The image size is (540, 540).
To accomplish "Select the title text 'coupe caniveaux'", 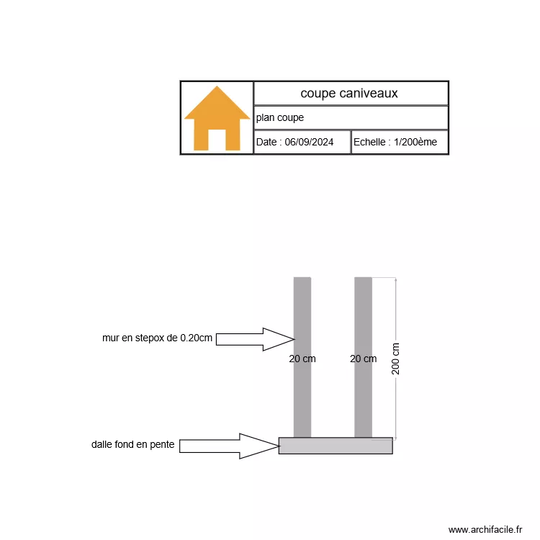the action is point(349,94).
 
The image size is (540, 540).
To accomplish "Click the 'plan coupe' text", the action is point(280,117).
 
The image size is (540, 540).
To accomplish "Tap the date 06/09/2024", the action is point(309,143).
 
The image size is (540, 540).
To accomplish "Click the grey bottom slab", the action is point(336,446).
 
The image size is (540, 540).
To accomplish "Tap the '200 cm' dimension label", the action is point(396,358).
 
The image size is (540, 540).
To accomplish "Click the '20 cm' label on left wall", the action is point(302,359).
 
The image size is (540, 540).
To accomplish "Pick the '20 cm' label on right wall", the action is point(363,359).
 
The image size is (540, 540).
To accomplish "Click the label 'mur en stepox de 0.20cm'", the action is point(157,338).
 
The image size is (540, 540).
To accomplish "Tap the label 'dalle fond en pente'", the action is point(132,445).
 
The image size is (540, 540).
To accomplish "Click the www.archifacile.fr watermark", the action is point(485,530).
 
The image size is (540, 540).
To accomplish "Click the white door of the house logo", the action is point(217,139).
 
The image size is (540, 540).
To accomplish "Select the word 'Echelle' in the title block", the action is point(369,143).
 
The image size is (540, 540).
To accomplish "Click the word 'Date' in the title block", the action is point(266,143).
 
